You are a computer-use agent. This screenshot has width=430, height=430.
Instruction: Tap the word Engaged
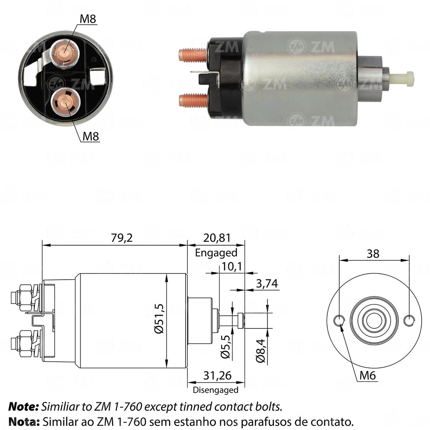tap(216, 253)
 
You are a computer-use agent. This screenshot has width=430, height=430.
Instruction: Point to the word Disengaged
tap(215, 390)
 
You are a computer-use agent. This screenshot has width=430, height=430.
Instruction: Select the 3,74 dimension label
tap(266, 283)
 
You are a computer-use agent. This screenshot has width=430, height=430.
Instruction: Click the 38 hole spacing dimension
tap(372, 253)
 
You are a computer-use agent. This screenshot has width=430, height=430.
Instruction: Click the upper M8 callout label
tap(90, 19)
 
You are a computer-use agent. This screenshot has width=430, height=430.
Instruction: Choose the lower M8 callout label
tap(91, 136)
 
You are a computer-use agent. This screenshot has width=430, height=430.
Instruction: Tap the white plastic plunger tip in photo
tap(403, 77)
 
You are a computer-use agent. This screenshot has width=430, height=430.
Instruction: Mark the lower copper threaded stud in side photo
tap(193, 100)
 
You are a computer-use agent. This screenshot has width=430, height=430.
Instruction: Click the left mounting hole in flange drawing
tap(339, 321)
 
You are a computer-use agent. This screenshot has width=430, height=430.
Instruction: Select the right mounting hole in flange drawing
tap(409, 321)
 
